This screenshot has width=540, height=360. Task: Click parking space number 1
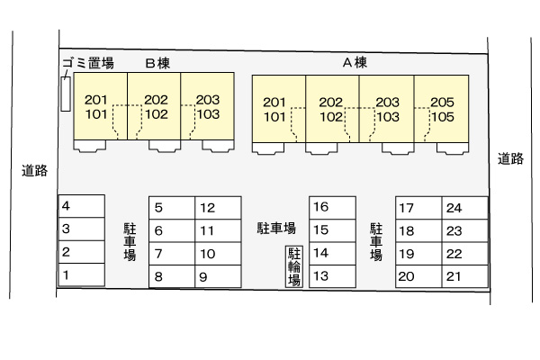coord(82,274)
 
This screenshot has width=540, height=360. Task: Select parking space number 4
coord(82,206)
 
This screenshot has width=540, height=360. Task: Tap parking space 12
coord(218,208)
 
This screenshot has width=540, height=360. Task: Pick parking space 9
coord(218,276)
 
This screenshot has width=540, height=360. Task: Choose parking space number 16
coord(332,207)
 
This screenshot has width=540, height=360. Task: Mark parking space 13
coord(332,276)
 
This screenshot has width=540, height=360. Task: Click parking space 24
coord(465,208)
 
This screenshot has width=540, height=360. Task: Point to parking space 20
coord(418,276)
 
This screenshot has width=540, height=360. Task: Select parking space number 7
coord(172,254)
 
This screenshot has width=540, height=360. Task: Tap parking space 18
coord(418,230)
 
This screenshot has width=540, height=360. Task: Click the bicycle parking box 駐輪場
coord(294,266)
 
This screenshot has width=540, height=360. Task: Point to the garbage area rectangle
coord(66,94)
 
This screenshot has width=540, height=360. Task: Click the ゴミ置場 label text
coord(88,63)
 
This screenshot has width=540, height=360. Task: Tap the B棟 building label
coord(157,63)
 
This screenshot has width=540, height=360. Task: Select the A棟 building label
coord(355,62)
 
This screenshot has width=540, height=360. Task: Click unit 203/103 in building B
coord(208,106)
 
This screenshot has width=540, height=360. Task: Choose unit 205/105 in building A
coord(442,109)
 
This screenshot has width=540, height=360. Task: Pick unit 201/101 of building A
coord(279,109)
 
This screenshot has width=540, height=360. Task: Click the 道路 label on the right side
coord(510,158)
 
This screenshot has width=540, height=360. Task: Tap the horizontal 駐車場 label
coord(276,228)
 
